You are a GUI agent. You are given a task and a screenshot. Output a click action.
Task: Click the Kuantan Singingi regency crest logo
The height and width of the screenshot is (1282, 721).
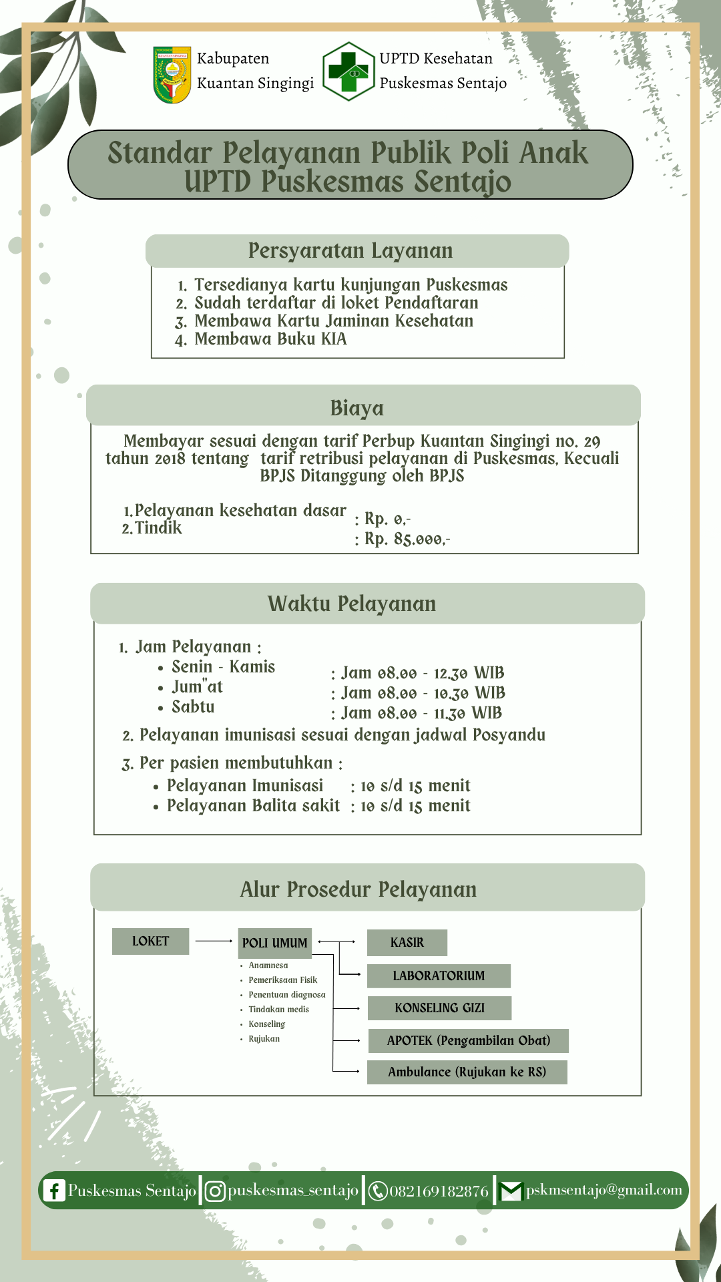[172, 74]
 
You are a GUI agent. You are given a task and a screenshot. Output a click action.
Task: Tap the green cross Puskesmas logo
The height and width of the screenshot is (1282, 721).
[348, 71]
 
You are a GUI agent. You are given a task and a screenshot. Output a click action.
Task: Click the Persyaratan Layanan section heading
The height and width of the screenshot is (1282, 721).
[350, 251]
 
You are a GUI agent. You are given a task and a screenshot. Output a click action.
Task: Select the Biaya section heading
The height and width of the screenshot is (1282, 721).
[357, 408]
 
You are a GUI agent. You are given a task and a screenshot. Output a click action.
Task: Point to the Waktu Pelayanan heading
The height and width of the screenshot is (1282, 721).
[352, 604]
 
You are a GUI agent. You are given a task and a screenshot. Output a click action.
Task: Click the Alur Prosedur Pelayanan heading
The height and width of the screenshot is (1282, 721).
[358, 889]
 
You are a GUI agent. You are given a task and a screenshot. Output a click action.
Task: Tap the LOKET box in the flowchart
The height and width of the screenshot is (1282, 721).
[151, 941]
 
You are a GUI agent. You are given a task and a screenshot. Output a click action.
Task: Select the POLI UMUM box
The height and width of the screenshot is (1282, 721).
[275, 943]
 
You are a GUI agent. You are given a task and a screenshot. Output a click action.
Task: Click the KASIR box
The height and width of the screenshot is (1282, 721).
[407, 942]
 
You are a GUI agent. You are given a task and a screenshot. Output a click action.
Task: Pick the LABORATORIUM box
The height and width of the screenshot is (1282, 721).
[439, 976]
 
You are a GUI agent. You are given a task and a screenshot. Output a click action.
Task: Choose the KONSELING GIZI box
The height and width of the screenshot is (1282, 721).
[439, 1008]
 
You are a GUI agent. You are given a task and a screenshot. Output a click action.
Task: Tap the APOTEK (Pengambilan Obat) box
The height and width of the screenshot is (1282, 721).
[469, 1040]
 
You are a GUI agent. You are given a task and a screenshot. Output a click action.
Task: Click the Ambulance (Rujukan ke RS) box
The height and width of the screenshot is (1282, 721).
[467, 1072]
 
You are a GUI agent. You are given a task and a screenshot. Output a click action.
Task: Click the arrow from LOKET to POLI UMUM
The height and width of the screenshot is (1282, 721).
[214, 941]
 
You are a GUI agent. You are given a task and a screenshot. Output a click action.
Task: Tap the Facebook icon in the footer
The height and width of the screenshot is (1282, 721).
[53, 1191]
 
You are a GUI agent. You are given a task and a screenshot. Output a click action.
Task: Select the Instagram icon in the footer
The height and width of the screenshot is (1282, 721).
[215, 1191]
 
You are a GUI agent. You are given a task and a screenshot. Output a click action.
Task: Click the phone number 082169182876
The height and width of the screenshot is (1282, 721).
[439, 1191]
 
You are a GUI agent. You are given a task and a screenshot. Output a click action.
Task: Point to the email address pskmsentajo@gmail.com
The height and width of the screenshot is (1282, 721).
[604, 1190]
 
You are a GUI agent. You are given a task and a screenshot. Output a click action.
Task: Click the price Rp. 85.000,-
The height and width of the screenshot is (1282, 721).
[407, 539]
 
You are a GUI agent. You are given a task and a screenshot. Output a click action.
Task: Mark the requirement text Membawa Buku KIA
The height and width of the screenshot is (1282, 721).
[270, 339]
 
